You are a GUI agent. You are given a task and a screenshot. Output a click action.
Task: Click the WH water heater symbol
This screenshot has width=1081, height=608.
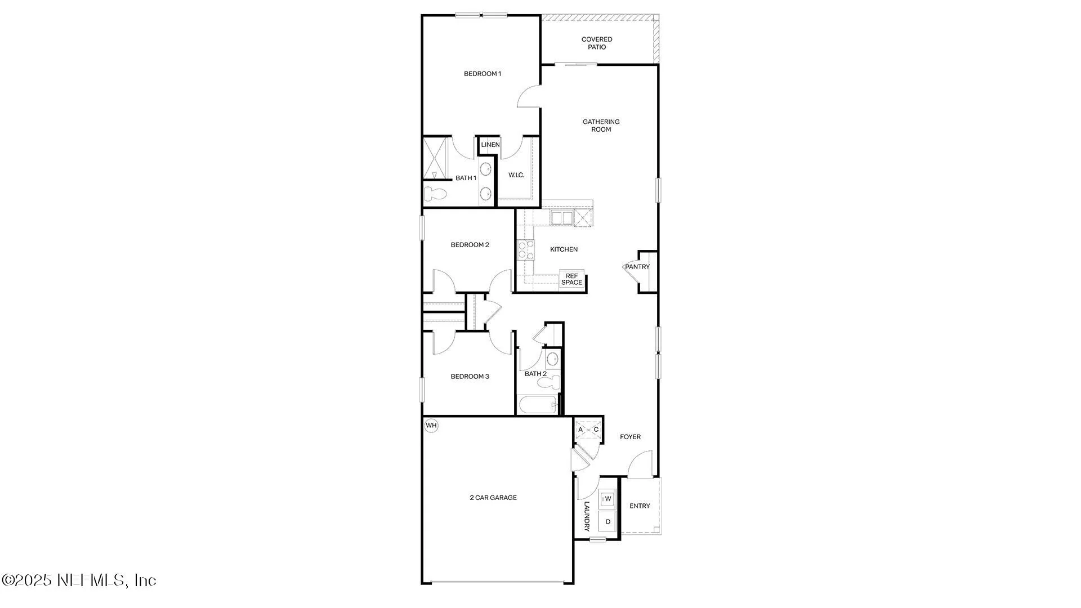coord(431,426)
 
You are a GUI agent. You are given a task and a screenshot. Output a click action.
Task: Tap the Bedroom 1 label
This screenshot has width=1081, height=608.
coord(482,74)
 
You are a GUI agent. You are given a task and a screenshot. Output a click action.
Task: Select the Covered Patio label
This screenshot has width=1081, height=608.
coord(597,43)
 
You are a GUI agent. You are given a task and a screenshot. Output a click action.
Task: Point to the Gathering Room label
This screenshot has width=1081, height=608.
coord(601,126)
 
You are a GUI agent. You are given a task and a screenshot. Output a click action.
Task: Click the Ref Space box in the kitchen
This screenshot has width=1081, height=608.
coord(571,279)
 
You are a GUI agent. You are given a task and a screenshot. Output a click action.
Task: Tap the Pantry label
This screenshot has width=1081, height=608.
coord(637,267)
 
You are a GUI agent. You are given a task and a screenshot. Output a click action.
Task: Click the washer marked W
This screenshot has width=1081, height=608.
coord(608,499)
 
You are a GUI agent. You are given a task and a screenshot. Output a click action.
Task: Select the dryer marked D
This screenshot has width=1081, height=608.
coord(608,522)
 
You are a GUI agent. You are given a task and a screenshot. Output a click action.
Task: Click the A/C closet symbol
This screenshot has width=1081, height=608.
coord(588,430)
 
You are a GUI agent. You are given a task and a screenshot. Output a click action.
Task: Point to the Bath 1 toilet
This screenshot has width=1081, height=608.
coord(435,194)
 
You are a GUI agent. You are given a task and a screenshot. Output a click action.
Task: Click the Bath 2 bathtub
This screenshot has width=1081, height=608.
coord(538,405)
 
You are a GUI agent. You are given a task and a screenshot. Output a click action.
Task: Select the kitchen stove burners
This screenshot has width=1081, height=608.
coord(525,249)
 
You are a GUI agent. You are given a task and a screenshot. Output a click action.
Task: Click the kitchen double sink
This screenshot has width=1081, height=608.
coord(561,218)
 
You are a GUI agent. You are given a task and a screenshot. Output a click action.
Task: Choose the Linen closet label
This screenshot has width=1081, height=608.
coord(490,145)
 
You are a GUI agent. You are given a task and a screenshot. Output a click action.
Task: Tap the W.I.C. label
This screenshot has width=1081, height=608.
coord(516,175)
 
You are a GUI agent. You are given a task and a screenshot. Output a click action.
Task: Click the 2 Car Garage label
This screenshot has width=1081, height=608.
coord(493,498)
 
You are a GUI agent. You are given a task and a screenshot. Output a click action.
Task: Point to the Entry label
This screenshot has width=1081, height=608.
coord(640,506)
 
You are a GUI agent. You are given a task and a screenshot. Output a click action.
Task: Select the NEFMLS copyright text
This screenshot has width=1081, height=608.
coord(79,580)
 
